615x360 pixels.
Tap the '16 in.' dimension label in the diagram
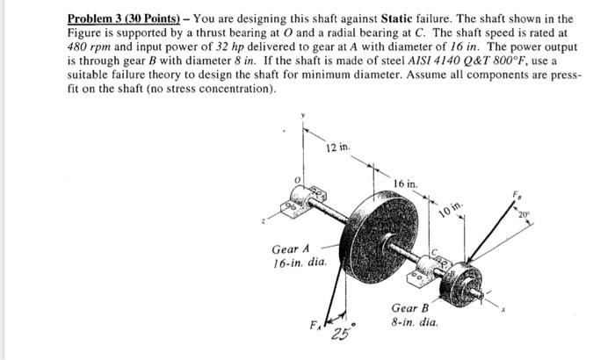[407, 184]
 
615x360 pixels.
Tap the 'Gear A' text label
[290, 248]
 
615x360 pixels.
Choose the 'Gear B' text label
[409, 309]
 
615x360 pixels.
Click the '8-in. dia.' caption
[413, 323]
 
